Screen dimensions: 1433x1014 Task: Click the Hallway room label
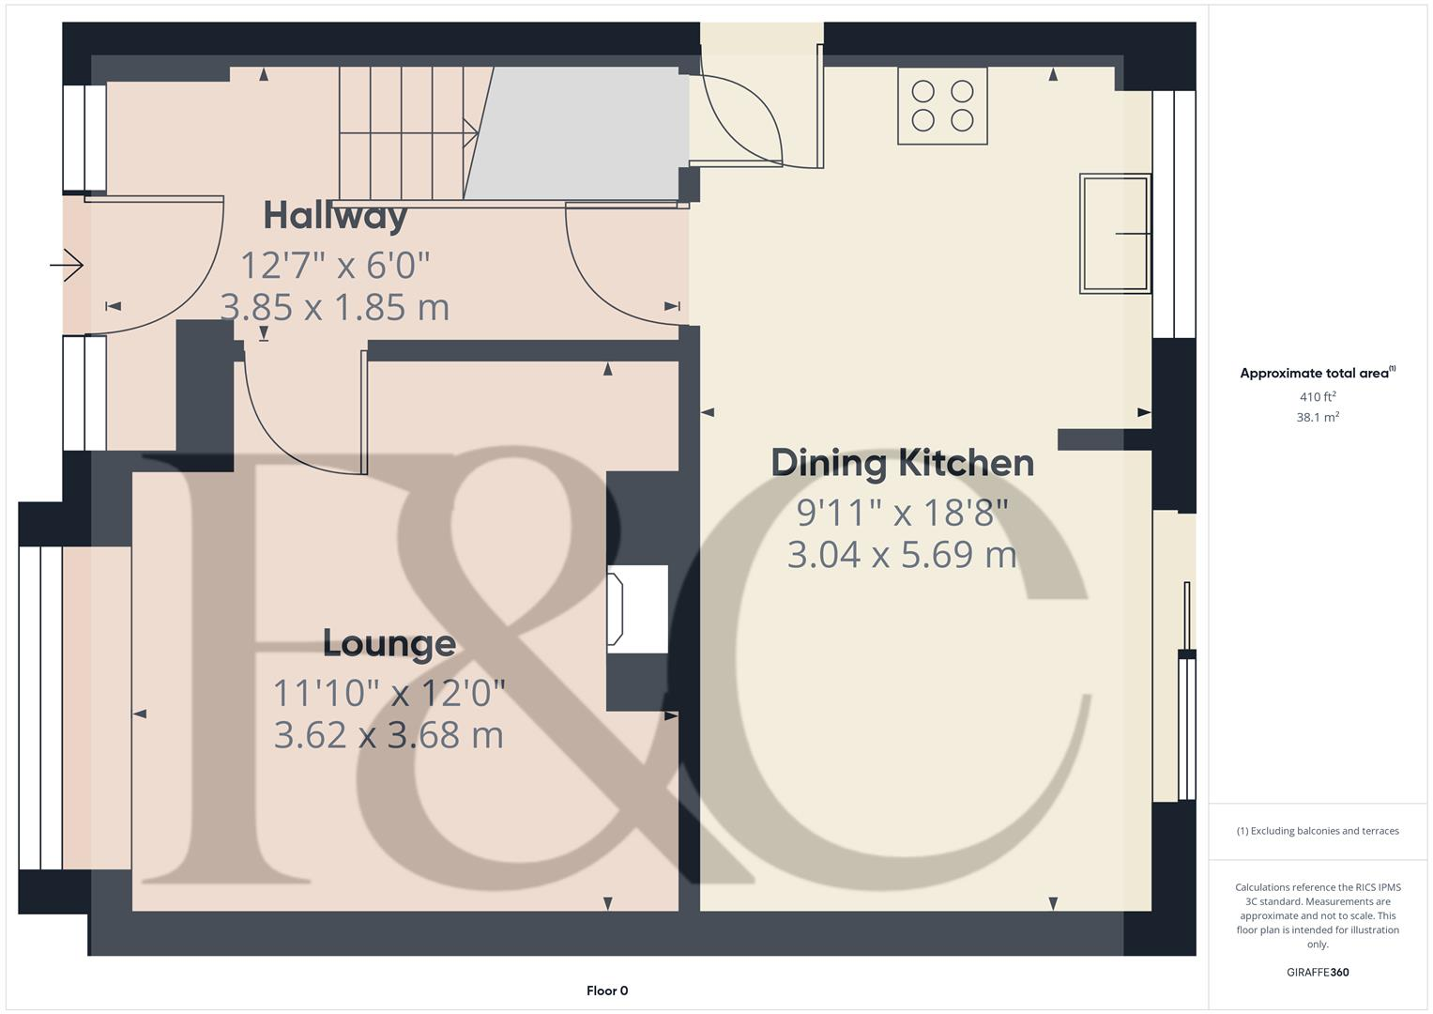[335, 216]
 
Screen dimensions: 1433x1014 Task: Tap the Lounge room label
[389, 643]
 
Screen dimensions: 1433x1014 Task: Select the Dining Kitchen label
[902, 464]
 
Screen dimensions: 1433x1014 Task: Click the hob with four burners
[942, 105]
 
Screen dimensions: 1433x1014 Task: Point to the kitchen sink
[1115, 234]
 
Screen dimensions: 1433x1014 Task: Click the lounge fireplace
[637, 608]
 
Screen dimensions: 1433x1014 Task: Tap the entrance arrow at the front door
[67, 265]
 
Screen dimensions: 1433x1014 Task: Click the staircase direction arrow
[409, 133]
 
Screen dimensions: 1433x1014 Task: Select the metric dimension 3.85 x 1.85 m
[335, 307]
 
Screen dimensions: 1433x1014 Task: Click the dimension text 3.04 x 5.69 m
[902, 554]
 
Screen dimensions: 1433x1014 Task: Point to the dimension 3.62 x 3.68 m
[389, 735]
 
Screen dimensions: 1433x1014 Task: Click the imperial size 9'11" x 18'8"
[902, 513]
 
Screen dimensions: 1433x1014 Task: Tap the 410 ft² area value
[1318, 396]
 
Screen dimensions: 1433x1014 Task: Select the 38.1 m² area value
[1318, 417]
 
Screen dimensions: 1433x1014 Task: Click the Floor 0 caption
[607, 991]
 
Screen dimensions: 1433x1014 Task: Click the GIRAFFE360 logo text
[1318, 972]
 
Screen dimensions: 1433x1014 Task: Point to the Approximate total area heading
[1318, 373]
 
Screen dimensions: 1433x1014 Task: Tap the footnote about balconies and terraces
[1318, 831]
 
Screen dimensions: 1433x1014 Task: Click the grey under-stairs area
[576, 133]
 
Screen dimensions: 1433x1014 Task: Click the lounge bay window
[41, 707]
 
